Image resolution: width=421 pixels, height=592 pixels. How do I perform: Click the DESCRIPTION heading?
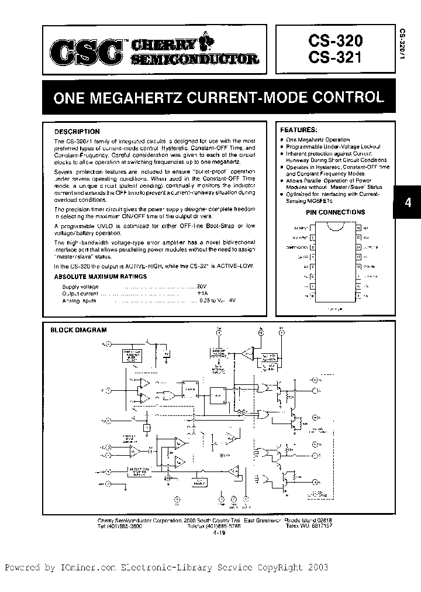(77, 132)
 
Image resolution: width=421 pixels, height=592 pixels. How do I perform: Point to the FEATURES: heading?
(299, 129)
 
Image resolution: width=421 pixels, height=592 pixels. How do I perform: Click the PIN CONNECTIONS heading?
(335, 212)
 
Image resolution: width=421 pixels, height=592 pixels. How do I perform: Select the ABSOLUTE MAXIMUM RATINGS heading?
(96, 276)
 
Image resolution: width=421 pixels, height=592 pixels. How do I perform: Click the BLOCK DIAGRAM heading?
(78, 330)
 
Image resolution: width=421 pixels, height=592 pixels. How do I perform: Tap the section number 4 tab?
(408, 204)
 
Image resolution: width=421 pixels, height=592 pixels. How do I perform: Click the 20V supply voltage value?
(201, 287)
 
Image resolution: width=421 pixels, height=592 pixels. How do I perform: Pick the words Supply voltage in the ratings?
(81, 287)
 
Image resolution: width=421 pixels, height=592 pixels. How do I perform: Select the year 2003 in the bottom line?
(317, 568)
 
